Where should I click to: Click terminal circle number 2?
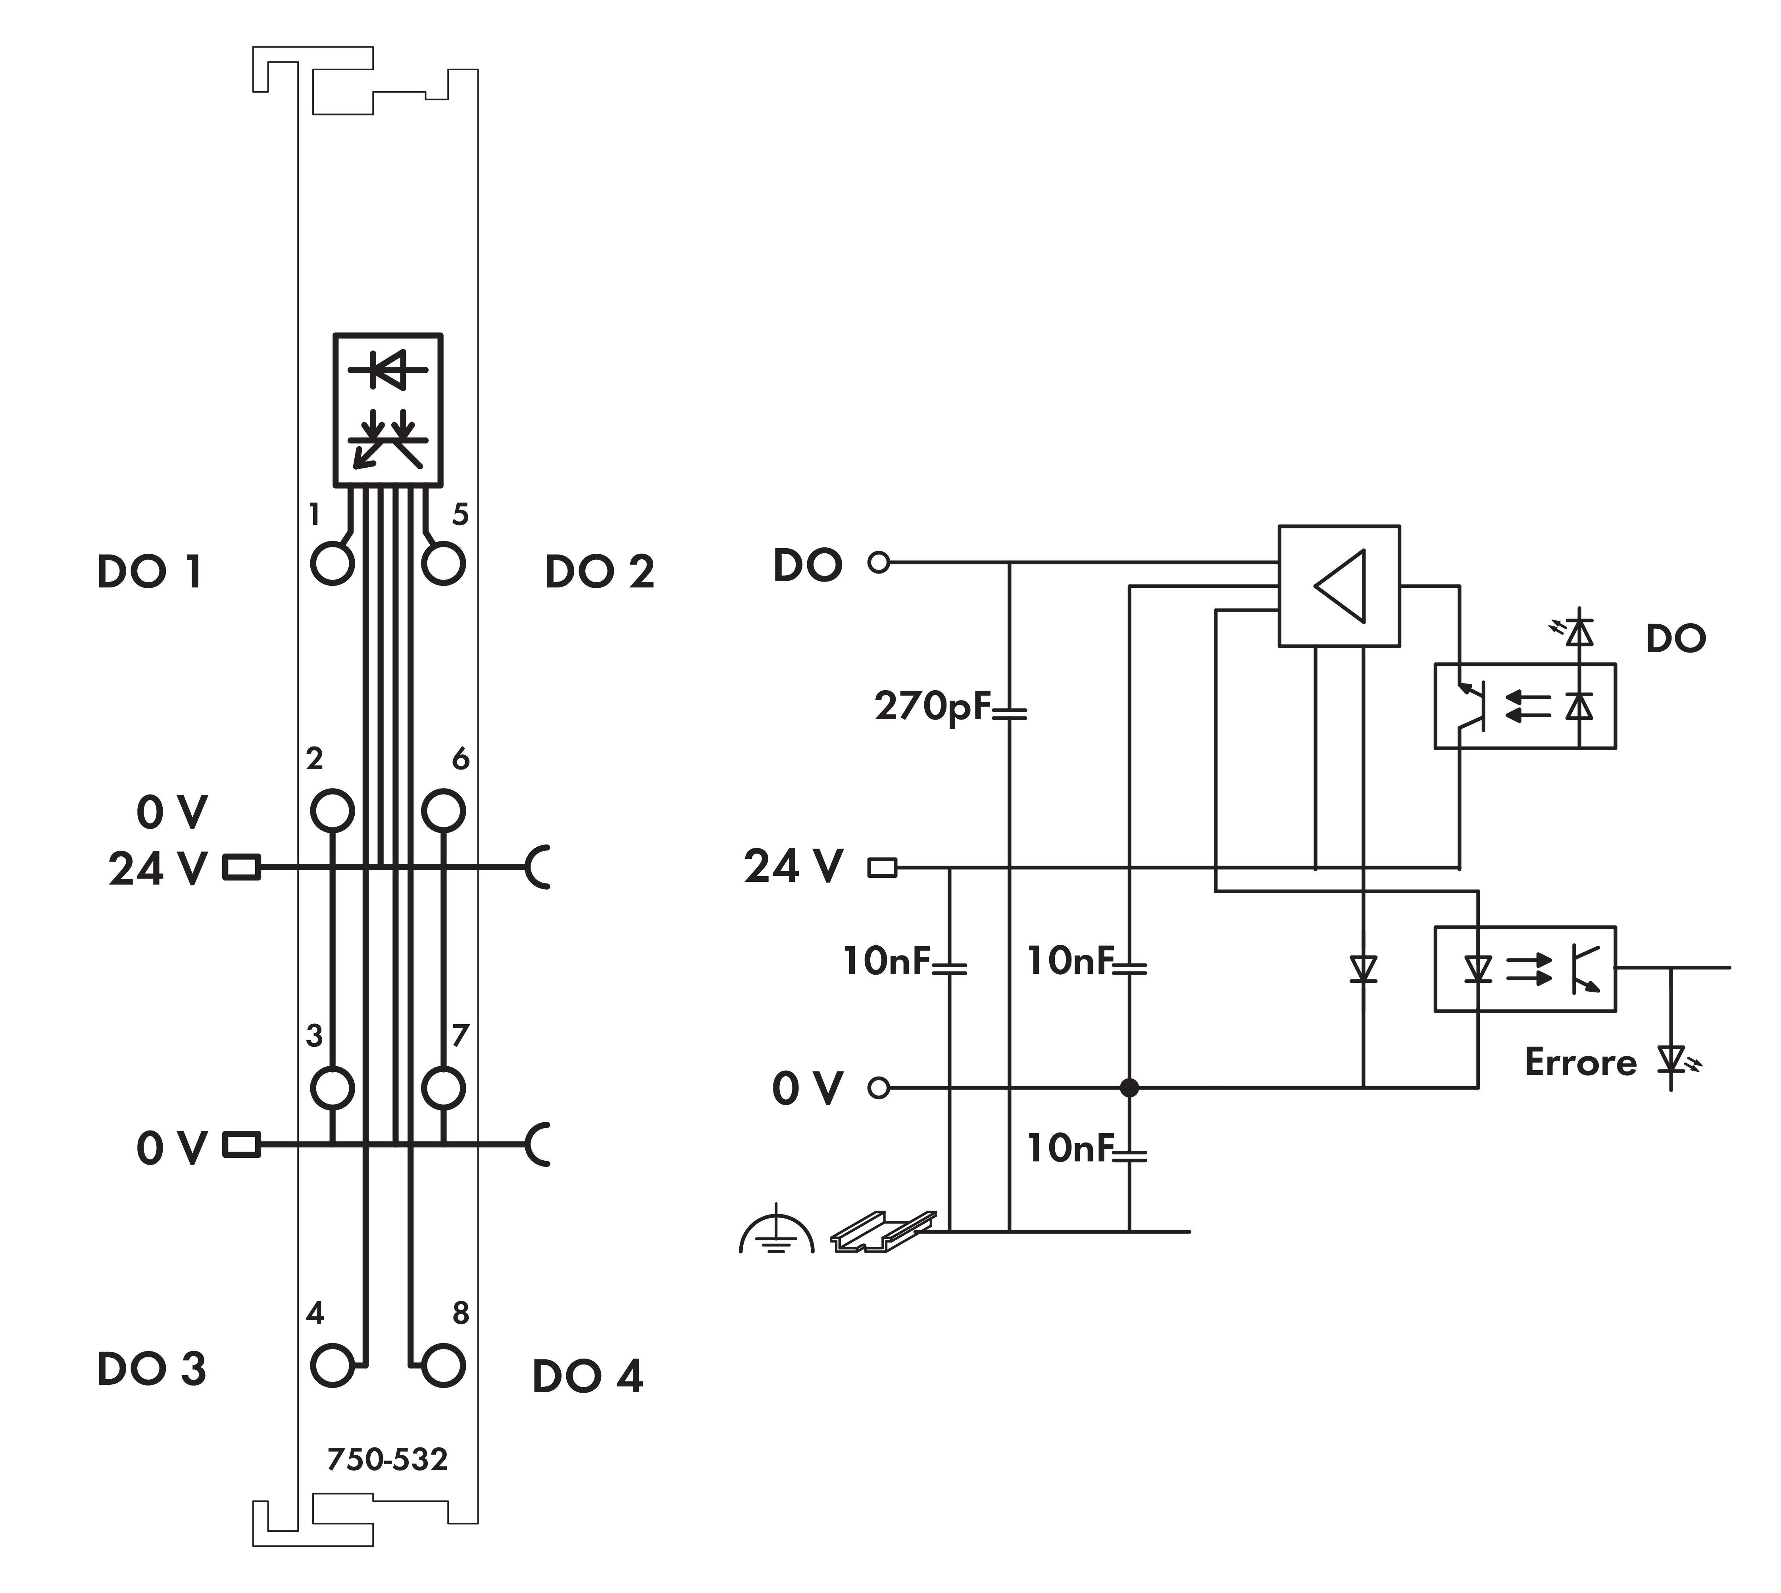[333, 810]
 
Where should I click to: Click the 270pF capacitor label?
[932, 706]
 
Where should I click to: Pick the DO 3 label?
[151, 1369]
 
